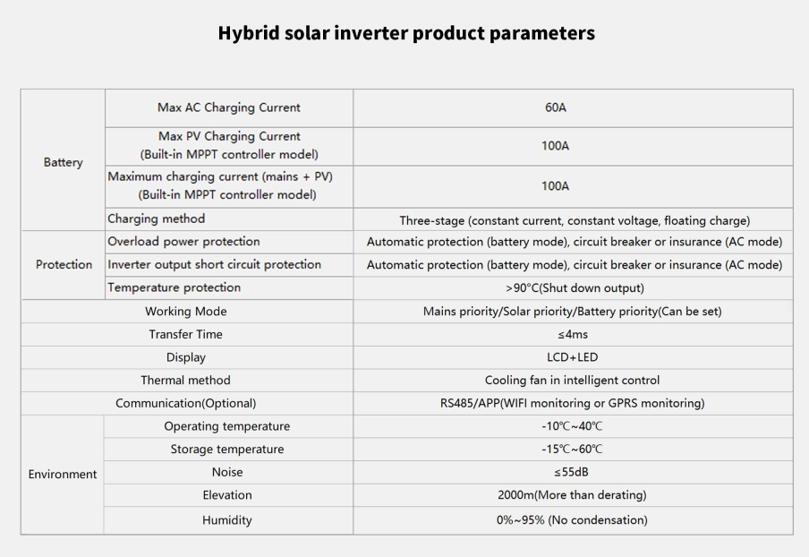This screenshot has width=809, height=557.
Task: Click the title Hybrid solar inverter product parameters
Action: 406,33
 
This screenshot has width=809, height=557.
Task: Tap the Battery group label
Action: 63,162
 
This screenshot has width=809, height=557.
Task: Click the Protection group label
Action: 64,264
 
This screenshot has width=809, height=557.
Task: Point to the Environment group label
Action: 63,474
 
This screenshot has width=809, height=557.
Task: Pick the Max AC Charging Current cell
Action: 228,107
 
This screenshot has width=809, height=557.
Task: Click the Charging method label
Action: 156,219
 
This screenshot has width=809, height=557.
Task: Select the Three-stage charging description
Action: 575,220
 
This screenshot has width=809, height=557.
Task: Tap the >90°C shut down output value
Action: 575,287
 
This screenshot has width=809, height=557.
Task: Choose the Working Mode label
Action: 186,312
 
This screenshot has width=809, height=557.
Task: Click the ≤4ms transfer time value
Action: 572,334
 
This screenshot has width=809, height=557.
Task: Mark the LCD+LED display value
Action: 572,357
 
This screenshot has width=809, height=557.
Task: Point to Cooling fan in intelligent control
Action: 572,380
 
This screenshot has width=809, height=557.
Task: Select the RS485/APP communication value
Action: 572,403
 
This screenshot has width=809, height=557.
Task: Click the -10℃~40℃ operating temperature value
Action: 572,426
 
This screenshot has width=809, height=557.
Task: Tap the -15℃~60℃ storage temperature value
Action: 572,450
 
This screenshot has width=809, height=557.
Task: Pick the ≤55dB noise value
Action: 571,472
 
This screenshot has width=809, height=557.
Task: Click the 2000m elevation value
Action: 572,495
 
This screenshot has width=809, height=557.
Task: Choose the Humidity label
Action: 227,519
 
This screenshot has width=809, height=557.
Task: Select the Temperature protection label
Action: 174,287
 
